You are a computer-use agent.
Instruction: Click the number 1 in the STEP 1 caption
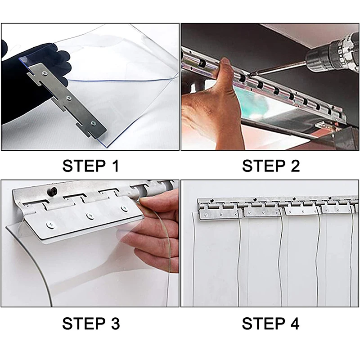116,166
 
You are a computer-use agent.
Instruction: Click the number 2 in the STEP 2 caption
295,166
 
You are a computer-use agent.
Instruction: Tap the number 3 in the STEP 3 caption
115,324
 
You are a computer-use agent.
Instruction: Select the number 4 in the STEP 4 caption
295,324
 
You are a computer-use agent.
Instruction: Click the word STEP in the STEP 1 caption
84,166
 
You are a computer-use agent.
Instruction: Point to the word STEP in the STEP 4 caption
263,324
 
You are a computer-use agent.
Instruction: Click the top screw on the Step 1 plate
45,73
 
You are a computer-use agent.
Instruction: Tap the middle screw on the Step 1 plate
69,98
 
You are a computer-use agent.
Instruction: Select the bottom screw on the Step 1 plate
93,123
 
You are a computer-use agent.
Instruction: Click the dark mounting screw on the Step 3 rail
53,191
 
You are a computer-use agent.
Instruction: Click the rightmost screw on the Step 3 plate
124,208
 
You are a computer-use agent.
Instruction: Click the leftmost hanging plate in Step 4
219,213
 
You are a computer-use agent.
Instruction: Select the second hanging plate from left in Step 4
262,212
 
